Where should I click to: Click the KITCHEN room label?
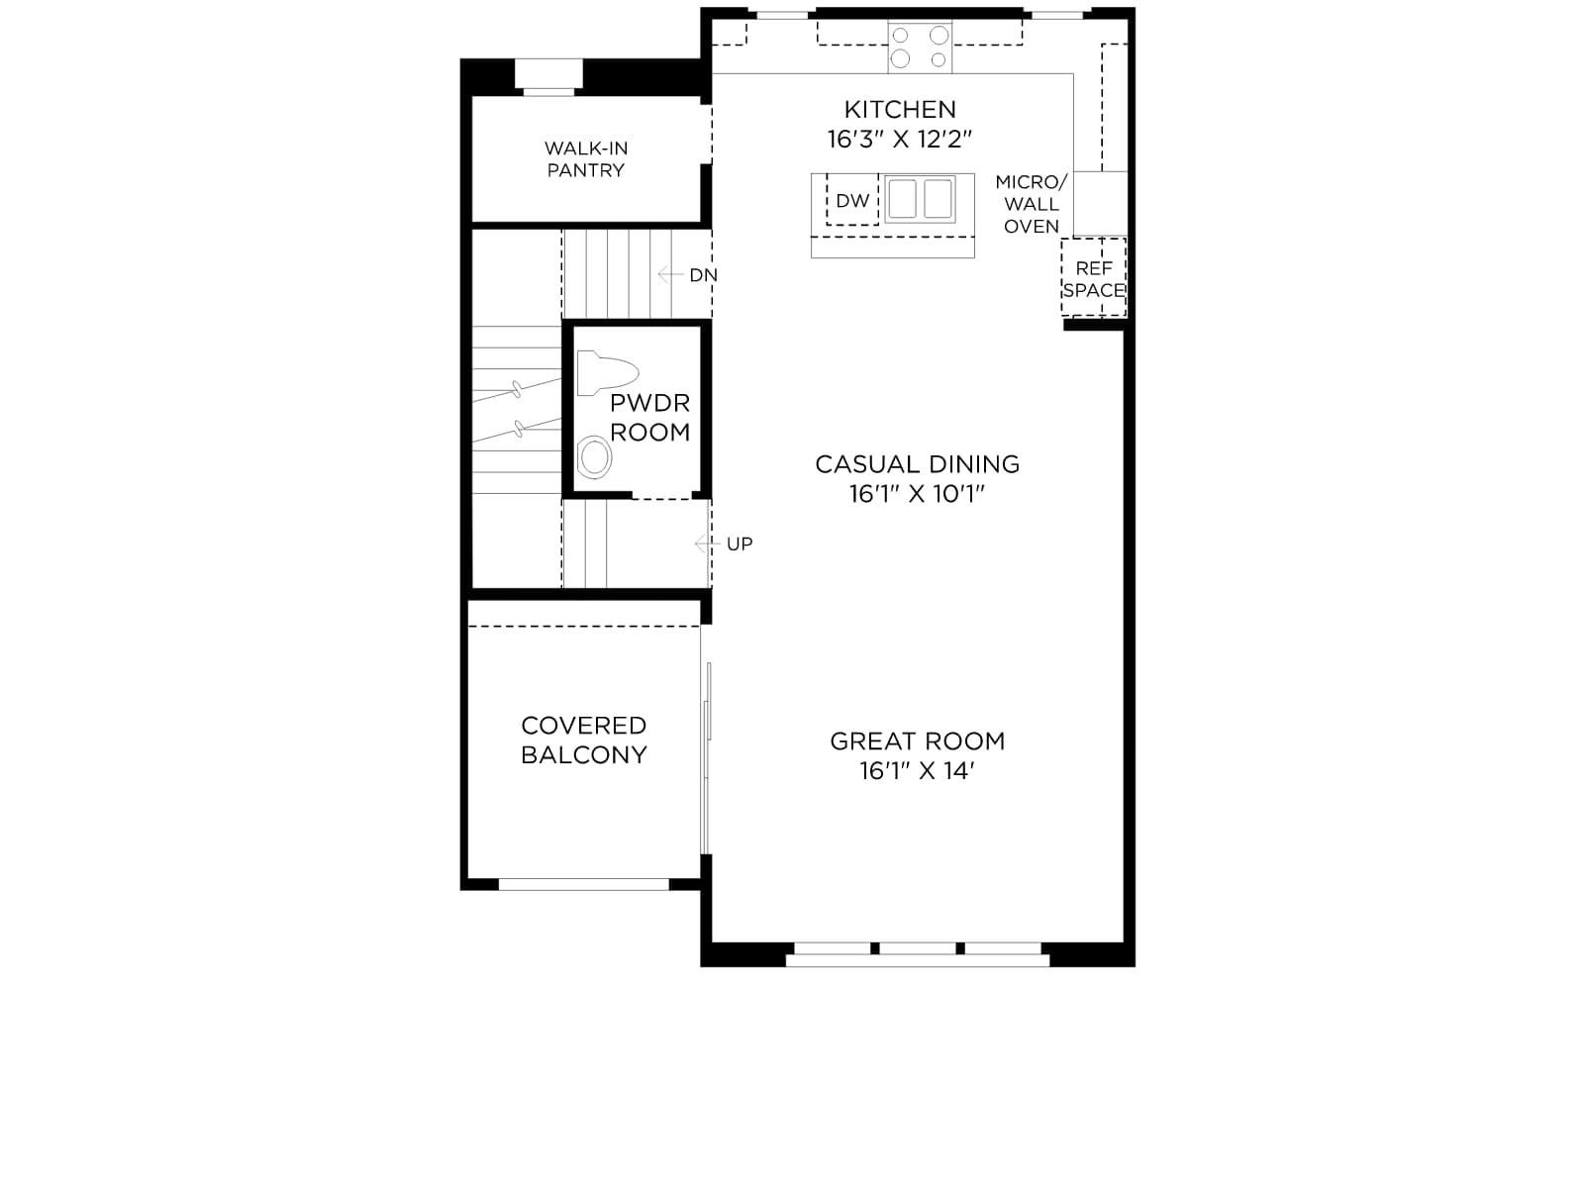[900, 110]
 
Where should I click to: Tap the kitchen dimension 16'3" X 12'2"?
[900, 140]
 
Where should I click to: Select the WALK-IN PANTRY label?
[585, 159]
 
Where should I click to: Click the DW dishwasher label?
[852, 201]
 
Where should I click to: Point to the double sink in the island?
[920, 198]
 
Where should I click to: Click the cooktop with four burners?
[920, 47]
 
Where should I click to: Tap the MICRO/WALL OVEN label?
[1032, 204]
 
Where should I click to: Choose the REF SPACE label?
[1094, 279]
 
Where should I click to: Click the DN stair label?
[704, 275]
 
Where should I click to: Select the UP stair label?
[740, 544]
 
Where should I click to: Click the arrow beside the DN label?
[670, 274]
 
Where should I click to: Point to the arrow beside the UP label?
[707, 544]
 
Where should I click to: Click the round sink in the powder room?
[595, 457]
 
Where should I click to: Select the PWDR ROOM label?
[649, 418]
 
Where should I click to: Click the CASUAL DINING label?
[917, 464]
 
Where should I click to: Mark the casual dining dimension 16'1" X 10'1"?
[917, 494]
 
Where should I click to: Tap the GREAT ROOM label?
[917, 742]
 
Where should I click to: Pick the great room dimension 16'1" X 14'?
[917, 771]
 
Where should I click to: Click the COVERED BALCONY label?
[584, 741]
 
